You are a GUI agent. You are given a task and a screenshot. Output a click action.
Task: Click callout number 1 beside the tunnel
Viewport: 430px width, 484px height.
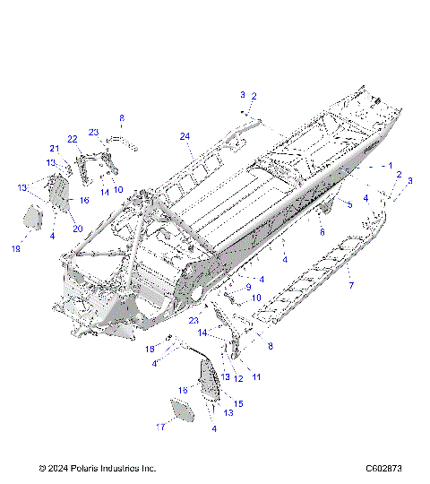point(390,166)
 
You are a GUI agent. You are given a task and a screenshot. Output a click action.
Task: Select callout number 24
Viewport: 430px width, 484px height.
point(185,136)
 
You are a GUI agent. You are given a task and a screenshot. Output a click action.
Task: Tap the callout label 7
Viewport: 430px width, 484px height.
point(350,285)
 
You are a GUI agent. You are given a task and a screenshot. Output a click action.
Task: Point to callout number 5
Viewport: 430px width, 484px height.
point(349,205)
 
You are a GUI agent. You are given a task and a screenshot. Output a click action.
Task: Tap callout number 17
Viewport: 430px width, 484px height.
point(162,428)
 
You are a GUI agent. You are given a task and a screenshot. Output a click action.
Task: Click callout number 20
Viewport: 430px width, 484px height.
point(78,229)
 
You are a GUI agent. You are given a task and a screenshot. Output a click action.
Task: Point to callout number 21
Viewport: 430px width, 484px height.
point(53,149)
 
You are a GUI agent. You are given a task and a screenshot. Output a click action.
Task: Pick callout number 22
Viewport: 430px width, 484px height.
point(73,139)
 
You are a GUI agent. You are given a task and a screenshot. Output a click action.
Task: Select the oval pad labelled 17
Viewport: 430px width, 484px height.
point(183,411)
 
